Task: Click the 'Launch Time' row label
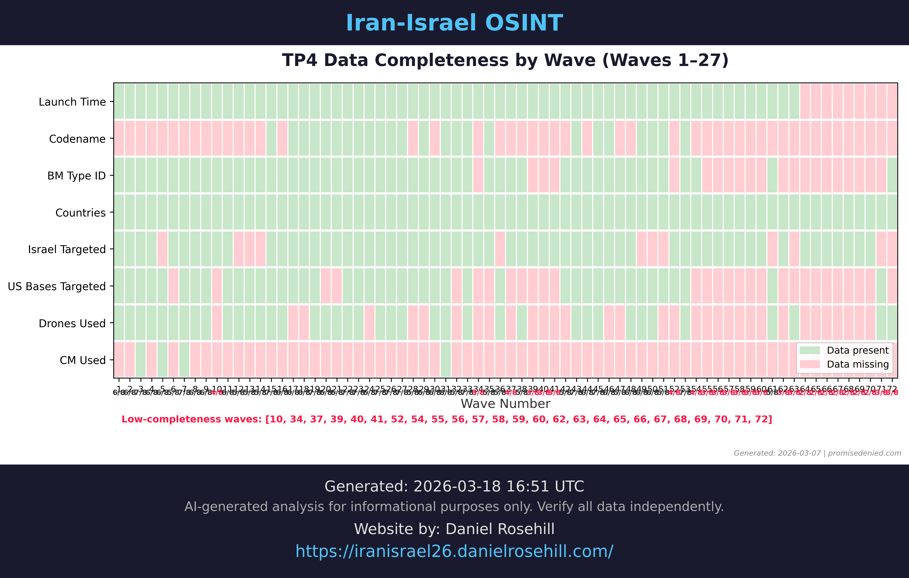click(x=72, y=102)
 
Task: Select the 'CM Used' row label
click(x=82, y=360)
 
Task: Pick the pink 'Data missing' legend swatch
click(x=809, y=364)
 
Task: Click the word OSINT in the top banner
click(x=524, y=23)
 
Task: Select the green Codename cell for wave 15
click(x=271, y=138)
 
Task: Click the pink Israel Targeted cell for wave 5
click(x=162, y=249)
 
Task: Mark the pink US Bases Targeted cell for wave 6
click(x=173, y=286)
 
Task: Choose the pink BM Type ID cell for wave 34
click(x=478, y=175)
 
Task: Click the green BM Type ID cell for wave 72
click(x=892, y=175)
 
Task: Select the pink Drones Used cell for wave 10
click(x=217, y=323)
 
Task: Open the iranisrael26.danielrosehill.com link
click(x=454, y=551)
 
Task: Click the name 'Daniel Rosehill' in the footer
click(x=500, y=529)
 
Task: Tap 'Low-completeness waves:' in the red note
click(x=191, y=419)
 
